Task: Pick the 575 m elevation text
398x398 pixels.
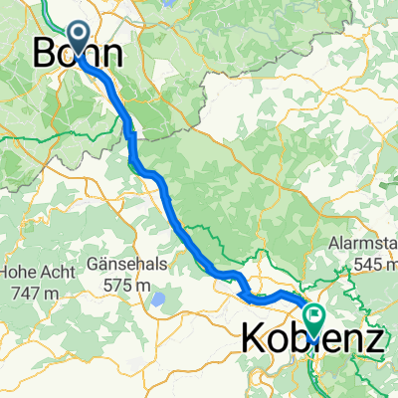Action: (x=131, y=287)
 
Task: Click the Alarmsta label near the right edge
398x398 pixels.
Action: (x=362, y=245)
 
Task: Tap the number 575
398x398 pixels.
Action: (x=122, y=287)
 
